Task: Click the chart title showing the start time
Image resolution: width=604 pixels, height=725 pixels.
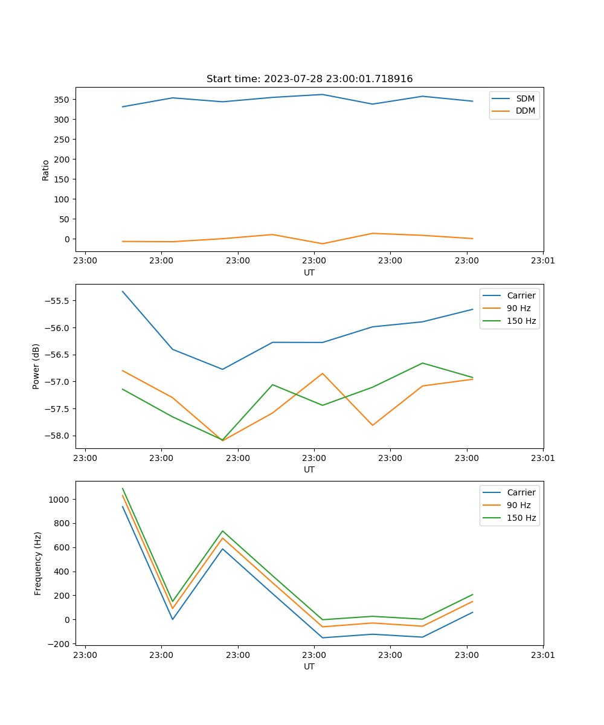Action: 309,79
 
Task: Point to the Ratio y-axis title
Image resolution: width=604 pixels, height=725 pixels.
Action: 46,170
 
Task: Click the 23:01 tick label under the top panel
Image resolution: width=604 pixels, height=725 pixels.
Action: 542,262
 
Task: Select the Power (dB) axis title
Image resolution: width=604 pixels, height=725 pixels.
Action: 36,366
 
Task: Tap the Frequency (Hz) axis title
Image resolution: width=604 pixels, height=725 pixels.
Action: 38,563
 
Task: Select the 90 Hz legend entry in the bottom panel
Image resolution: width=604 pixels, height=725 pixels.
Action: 519,505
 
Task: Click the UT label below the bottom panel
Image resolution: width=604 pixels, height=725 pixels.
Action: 309,666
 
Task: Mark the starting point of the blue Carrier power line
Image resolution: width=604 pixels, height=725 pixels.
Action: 123,291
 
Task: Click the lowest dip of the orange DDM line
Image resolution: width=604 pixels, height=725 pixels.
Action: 323,244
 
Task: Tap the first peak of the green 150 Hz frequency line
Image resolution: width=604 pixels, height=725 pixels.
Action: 123,488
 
